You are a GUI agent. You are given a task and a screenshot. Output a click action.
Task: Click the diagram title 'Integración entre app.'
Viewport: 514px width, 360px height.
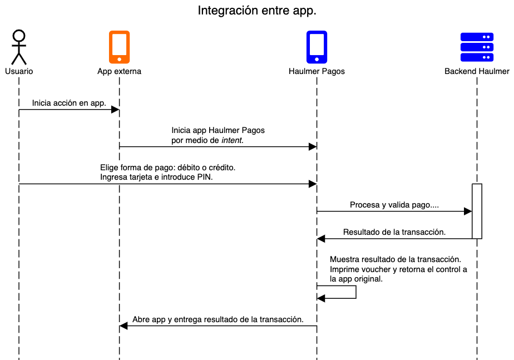pyautogui.click(x=257, y=11)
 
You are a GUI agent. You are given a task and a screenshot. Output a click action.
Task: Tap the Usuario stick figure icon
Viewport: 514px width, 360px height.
pyautogui.click(x=19, y=47)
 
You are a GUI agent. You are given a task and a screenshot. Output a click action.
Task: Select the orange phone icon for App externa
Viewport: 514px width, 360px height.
pyautogui.click(x=119, y=47)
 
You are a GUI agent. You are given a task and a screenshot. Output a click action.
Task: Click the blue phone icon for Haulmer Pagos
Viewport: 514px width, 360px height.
pyautogui.click(x=317, y=47)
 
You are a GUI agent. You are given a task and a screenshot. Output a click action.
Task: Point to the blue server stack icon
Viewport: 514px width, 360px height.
pyautogui.click(x=477, y=47)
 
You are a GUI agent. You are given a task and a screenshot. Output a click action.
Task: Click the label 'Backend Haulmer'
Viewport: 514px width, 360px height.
pyautogui.click(x=477, y=71)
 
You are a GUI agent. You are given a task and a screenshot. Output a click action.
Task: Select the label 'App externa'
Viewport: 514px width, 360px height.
pyautogui.click(x=119, y=71)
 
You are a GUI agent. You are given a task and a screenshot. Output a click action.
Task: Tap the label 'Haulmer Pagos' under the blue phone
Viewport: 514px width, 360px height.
pyautogui.click(x=317, y=71)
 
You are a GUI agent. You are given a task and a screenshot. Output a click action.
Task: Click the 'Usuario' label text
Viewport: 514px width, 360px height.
pyautogui.click(x=19, y=71)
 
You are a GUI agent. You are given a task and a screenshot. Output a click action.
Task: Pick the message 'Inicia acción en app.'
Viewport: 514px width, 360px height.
pyautogui.click(x=69, y=103)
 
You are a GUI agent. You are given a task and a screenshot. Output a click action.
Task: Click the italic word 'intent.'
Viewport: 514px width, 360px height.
pyautogui.click(x=233, y=141)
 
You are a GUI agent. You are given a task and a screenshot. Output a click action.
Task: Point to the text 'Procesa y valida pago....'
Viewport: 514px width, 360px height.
pyautogui.click(x=394, y=205)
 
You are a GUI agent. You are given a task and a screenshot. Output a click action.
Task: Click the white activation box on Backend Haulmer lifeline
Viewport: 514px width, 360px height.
pyautogui.click(x=477, y=211)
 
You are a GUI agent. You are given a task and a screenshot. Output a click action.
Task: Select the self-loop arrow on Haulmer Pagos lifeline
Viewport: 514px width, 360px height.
pyautogui.click(x=355, y=292)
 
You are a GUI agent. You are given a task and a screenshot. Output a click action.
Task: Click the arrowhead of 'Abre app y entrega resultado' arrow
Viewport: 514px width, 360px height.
pyautogui.click(x=123, y=326)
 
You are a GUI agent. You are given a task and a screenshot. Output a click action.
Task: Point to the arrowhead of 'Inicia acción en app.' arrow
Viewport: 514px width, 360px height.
pyautogui.click(x=116, y=110)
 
